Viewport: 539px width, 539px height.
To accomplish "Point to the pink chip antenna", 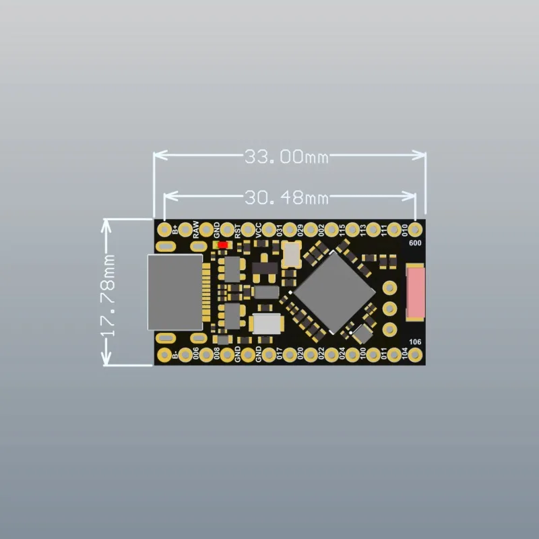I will tap(416, 292).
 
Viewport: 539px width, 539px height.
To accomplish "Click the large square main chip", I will tap(335, 291).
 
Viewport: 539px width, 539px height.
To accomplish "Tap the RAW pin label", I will tap(195, 230).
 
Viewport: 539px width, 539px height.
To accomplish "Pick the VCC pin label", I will tap(258, 230).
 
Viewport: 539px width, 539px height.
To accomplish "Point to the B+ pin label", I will tap(175, 230).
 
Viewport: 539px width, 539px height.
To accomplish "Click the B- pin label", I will tap(175, 354).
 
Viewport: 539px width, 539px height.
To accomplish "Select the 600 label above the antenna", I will tap(415, 244).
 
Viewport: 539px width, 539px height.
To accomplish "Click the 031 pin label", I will tap(279, 230).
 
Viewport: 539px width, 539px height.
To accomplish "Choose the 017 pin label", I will tap(279, 354).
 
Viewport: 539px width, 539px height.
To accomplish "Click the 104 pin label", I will tap(404, 354).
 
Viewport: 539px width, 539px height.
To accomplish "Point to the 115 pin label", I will tap(342, 230).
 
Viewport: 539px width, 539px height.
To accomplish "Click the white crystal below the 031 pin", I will tap(292, 253).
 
